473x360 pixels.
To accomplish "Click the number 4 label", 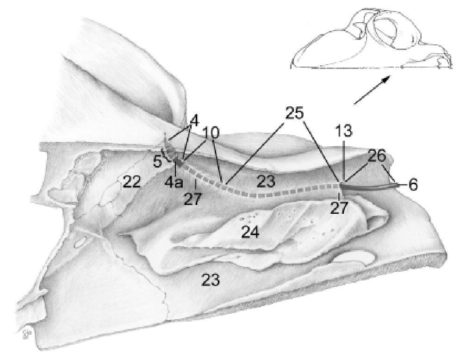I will (194, 122).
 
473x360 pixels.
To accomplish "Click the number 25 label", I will (294, 113).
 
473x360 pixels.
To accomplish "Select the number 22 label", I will (131, 182).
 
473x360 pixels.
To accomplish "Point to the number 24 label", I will (249, 232).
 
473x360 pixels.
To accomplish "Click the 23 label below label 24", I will (210, 279).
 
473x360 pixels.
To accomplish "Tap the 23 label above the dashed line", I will (266, 181).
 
